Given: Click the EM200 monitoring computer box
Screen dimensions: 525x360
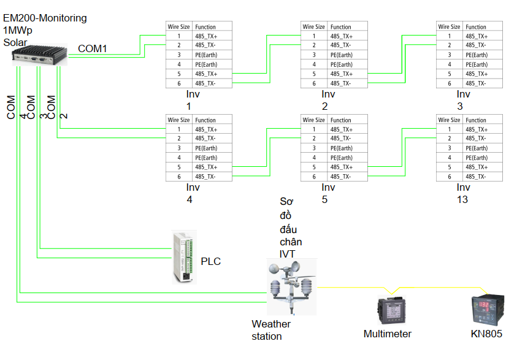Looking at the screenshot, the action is pyautogui.click(x=39, y=55).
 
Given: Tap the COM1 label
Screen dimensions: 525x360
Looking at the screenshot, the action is pyautogui.click(x=93, y=48).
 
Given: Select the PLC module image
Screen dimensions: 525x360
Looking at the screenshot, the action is pyautogui.click(x=184, y=257).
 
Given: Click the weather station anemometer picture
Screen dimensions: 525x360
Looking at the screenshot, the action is pyautogui.click(x=291, y=287).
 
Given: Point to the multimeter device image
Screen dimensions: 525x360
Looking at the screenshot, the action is pyautogui.click(x=392, y=310).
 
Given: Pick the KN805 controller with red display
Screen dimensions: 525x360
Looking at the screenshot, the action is pyautogui.click(x=488, y=310).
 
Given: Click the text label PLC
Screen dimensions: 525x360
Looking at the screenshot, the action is pyautogui.click(x=210, y=261).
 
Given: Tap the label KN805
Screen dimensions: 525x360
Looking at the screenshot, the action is pyautogui.click(x=486, y=334).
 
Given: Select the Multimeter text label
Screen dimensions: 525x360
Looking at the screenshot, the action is pyautogui.click(x=388, y=334).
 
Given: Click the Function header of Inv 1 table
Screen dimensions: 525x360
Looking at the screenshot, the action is pyautogui.click(x=205, y=27).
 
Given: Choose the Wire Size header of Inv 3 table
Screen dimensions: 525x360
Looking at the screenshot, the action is pyautogui.click(x=449, y=27).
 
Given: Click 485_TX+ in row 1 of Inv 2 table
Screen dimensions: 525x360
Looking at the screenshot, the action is pyautogui.click(x=342, y=36).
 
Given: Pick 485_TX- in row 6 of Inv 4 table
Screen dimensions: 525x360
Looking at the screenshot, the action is pyautogui.click(x=205, y=177).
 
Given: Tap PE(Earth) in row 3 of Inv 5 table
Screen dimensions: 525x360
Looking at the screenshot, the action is pyautogui.click(x=342, y=148).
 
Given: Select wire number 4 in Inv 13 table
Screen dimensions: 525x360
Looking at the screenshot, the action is pyautogui.click(x=450, y=158).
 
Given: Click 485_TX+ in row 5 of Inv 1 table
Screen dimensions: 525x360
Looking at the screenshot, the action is pyautogui.click(x=206, y=74).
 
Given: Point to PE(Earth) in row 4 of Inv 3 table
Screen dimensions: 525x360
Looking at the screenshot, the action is pyautogui.click(x=477, y=64).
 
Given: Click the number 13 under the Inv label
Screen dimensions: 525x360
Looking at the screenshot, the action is pyautogui.click(x=462, y=199).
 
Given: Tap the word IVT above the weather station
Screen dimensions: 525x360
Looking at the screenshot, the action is pyautogui.click(x=287, y=254).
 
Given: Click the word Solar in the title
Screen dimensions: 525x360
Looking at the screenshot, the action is pyautogui.click(x=15, y=42).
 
